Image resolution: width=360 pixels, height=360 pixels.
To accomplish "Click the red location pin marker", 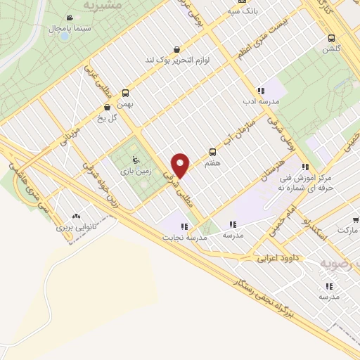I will [x=181, y=165].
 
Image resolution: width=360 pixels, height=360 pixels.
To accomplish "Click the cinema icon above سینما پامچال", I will [x=68, y=18].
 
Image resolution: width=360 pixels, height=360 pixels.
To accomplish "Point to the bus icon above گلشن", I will [x=330, y=39].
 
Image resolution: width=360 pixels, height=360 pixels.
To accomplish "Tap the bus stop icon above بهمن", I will [x=126, y=92].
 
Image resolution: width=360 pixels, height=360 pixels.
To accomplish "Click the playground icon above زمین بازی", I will [x=127, y=148].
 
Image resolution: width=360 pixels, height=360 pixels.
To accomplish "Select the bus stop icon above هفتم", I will [x=212, y=151].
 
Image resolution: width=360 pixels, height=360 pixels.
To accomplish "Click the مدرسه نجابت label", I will [x=184, y=238].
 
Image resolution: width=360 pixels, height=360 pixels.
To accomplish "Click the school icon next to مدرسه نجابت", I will [x=184, y=226].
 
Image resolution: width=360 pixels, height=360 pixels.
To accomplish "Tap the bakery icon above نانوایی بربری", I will [x=75, y=217].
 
